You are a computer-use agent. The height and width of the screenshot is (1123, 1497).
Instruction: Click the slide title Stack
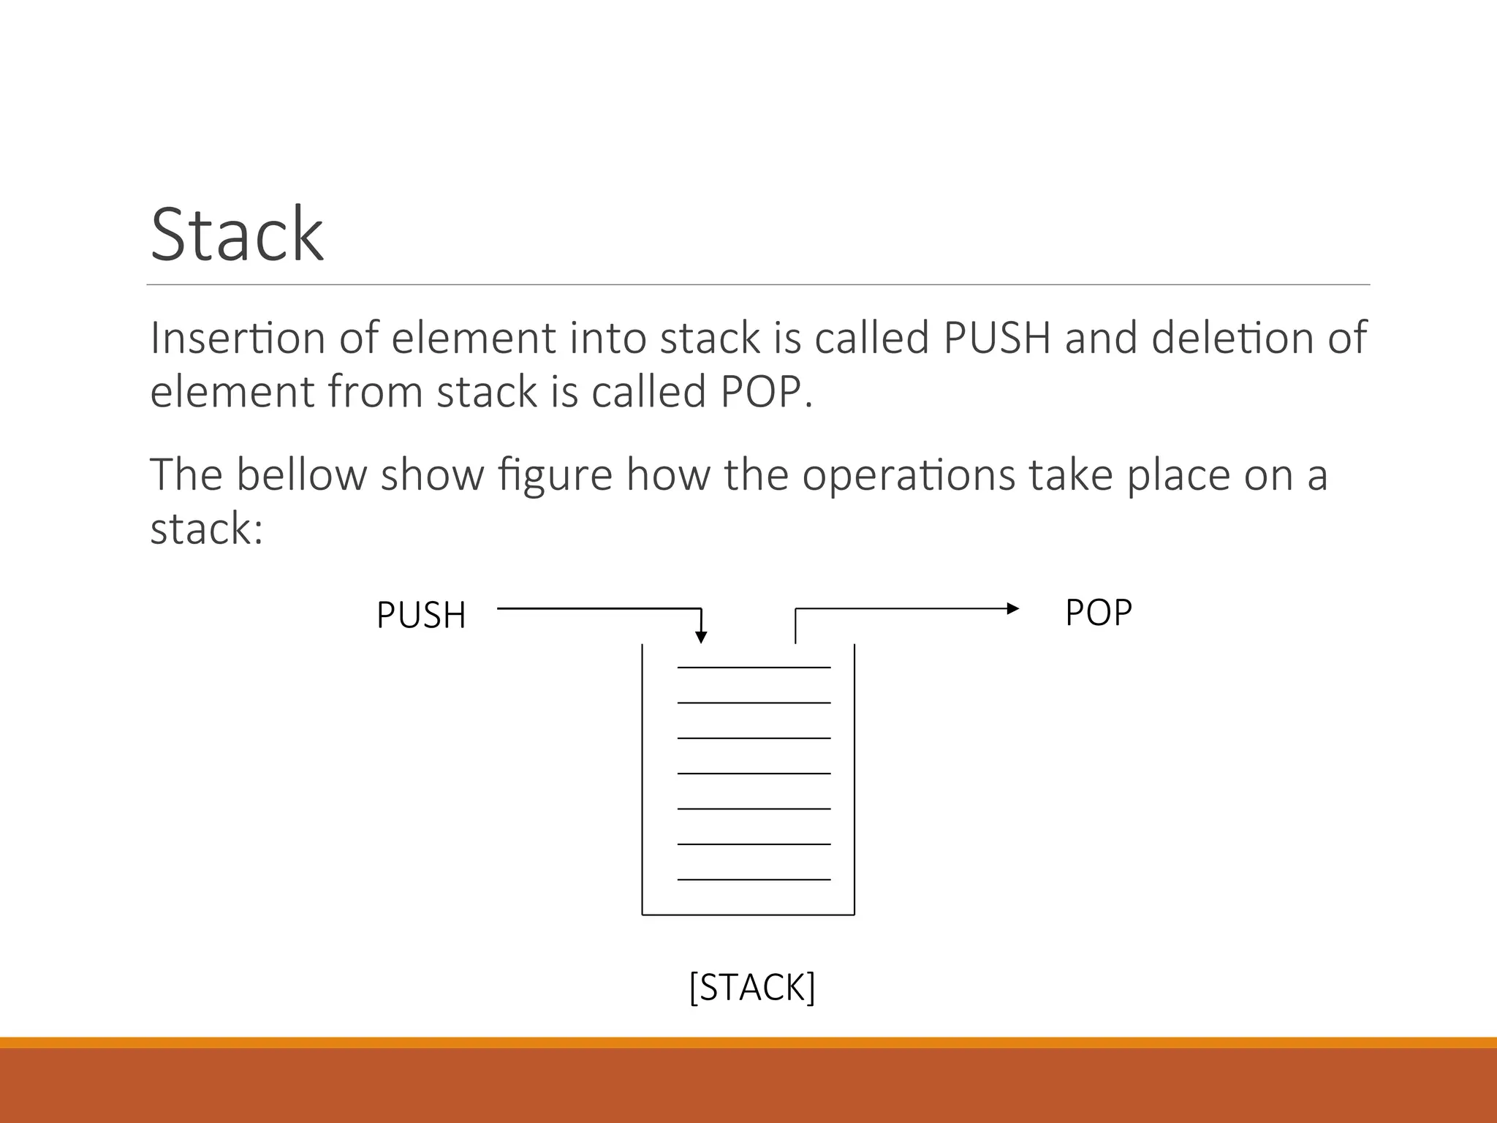coord(237,234)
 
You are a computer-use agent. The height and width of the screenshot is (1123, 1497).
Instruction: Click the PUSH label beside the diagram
coord(421,615)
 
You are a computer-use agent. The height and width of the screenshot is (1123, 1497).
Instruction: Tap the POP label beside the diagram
coord(1098,612)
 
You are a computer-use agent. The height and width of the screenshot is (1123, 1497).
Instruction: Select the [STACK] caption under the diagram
coord(752,987)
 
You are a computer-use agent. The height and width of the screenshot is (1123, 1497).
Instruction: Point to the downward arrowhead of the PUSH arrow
coord(701,636)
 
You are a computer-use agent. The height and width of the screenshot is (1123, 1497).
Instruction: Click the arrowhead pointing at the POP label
coord(1012,608)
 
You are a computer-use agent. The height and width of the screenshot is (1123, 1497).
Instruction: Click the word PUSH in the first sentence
coord(997,338)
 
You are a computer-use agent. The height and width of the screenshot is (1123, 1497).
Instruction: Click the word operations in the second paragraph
coord(908,476)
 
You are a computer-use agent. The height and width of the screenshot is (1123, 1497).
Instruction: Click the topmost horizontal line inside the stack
coord(754,668)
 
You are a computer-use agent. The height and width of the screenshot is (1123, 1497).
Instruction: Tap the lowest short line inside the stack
coord(754,880)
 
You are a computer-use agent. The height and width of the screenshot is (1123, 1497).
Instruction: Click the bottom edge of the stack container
coord(748,915)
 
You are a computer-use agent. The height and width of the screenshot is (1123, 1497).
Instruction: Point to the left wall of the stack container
coord(643,779)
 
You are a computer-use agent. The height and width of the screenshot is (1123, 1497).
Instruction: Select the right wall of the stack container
coord(854,779)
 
